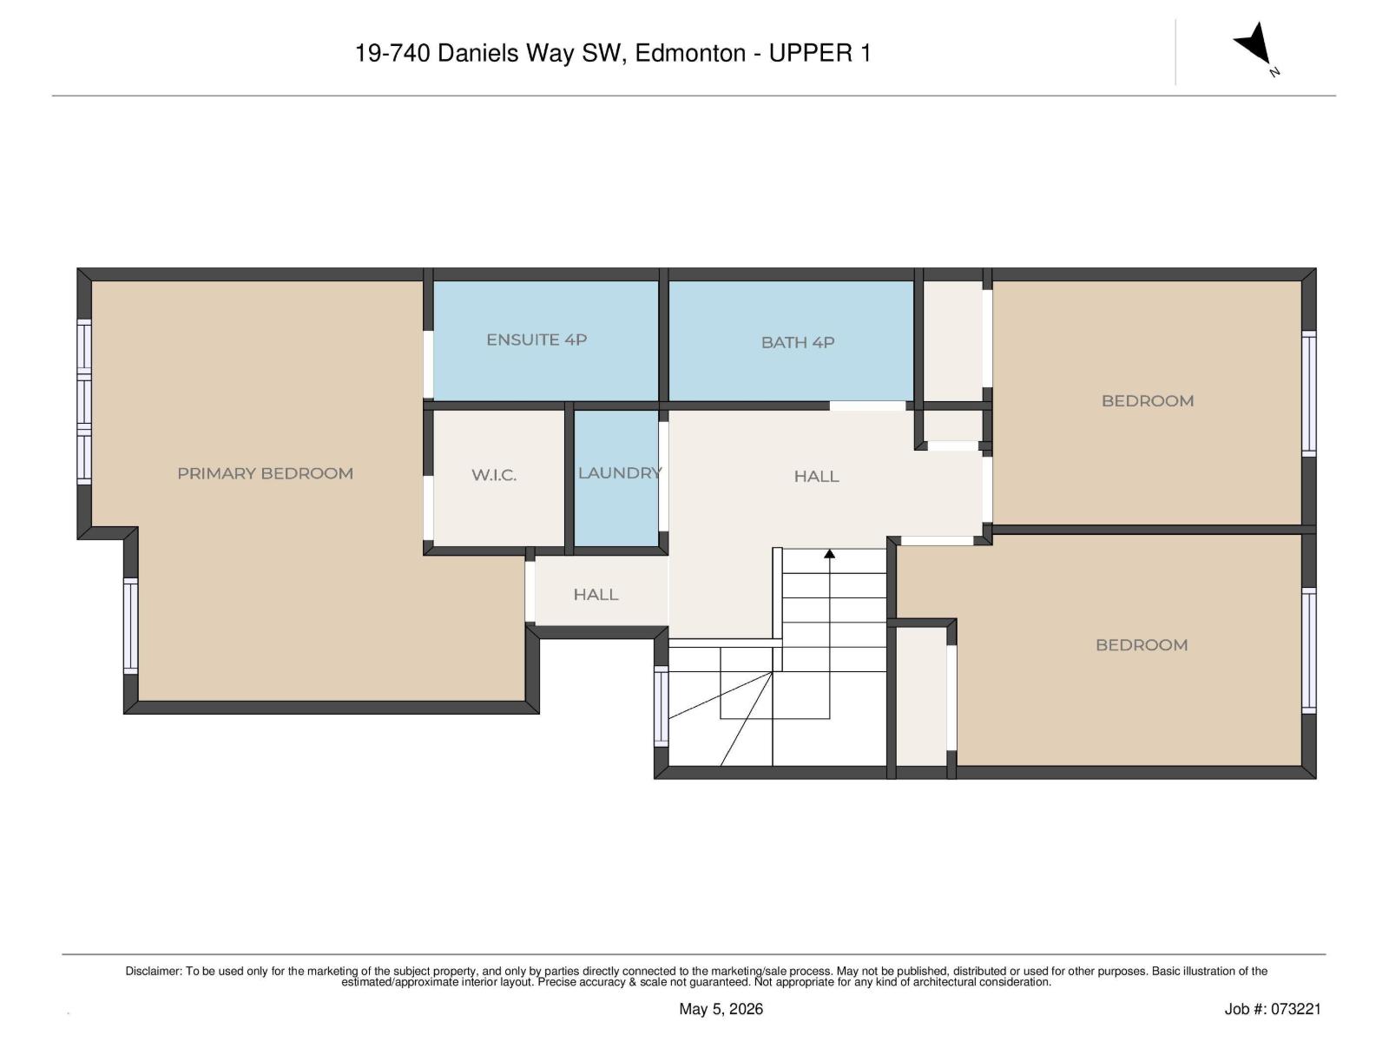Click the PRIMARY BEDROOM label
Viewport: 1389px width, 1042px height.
pos(265,473)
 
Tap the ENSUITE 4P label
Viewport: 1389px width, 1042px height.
pos(537,340)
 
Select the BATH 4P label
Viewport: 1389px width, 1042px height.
pos(797,342)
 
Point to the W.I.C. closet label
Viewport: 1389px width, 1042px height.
pos(494,475)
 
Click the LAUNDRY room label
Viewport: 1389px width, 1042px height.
pos(620,472)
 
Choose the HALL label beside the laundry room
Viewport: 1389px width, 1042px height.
pos(816,477)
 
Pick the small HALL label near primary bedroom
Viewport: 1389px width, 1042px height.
pos(596,595)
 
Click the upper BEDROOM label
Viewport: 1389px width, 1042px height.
pos(1148,401)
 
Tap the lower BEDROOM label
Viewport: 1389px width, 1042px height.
pos(1141,645)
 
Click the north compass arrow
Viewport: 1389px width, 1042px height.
pos(1254,44)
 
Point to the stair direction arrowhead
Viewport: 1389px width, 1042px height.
pos(829,554)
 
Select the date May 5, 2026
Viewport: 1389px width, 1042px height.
pos(721,1009)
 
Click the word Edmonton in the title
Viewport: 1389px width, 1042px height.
pos(690,53)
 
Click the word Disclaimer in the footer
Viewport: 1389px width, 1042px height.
pos(153,971)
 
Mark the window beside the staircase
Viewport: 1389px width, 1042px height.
pos(661,706)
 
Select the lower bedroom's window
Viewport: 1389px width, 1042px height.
pos(1308,650)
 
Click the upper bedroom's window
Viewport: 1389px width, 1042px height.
pos(1308,393)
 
